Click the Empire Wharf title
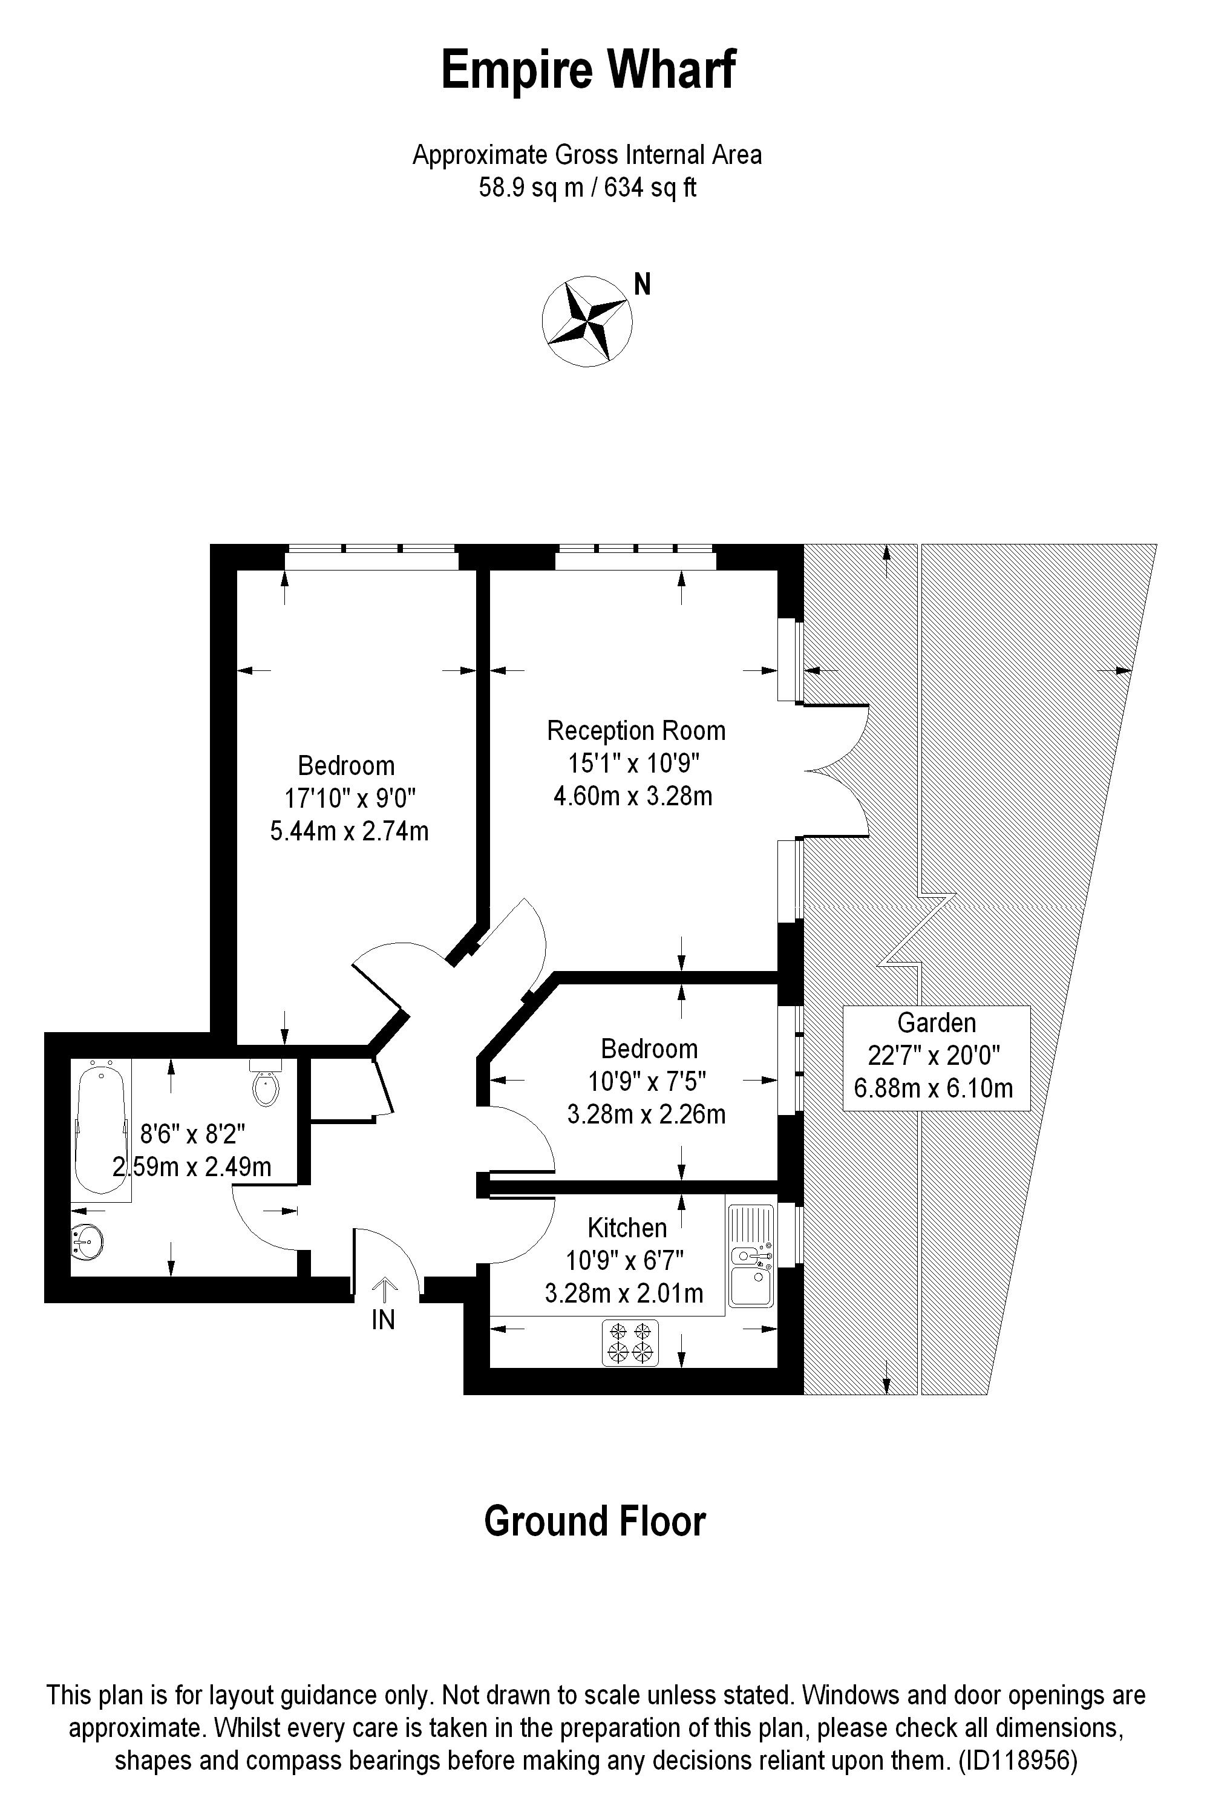(x=588, y=70)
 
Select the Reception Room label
(x=636, y=730)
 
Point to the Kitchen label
(x=627, y=1227)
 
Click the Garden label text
(x=936, y=1022)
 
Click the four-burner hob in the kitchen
(x=630, y=1342)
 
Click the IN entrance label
(x=383, y=1320)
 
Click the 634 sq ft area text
(x=650, y=188)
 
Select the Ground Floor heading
(x=594, y=1521)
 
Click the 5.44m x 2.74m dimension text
(x=349, y=831)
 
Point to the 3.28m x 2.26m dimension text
(x=646, y=1114)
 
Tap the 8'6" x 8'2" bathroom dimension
(x=192, y=1134)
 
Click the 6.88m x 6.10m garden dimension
(x=933, y=1088)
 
